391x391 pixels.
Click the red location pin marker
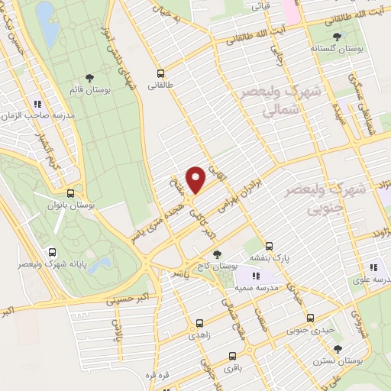point(196,179)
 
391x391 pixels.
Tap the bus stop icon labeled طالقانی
point(160,73)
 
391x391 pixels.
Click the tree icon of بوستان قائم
point(90,78)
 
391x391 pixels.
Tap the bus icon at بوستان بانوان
point(70,193)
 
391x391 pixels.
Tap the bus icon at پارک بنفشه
point(269,247)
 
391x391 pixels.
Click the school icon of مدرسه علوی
point(373,267)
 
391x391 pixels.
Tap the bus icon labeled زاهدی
point(200,323)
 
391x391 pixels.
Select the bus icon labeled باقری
point(232,356)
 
